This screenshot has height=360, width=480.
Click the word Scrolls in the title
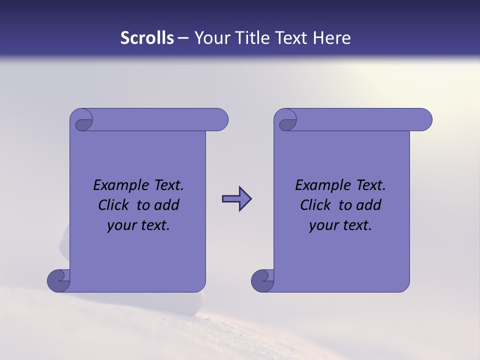pos(147,38)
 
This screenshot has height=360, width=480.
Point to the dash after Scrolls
pos(183,38)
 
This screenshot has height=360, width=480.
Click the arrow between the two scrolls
pos(236,199)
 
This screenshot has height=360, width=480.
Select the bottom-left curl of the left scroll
pos(58,280)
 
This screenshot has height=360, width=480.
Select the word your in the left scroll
pos(120,226)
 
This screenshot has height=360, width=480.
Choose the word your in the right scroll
pos(322,226)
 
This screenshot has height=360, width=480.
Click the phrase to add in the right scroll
pos(360,205)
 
